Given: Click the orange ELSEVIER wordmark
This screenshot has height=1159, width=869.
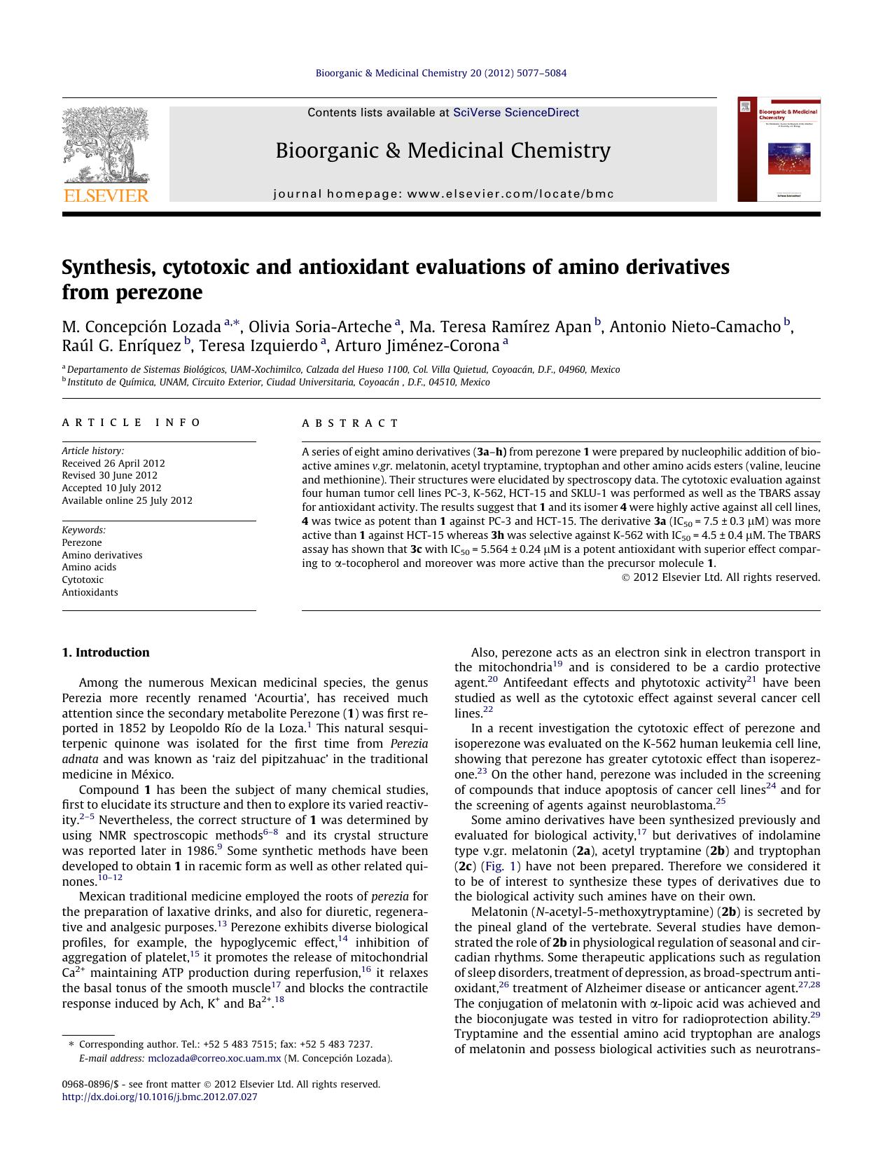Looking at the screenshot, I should [106, 196].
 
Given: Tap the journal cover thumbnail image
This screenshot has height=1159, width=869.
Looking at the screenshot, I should [778, 149].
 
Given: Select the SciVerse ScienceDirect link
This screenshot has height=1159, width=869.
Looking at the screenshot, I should [516, 112].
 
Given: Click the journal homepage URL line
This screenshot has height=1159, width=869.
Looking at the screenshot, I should [443, 194].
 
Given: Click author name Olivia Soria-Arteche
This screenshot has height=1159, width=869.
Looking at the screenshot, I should [320, 327].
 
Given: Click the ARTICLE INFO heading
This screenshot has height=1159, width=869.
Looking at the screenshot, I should [131, 423].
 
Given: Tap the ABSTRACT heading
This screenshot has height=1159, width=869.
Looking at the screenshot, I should [350, 423].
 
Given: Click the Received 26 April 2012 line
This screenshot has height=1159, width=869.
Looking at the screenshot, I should [113, 463].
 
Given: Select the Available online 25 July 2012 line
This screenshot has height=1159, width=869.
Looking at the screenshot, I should [127, 500].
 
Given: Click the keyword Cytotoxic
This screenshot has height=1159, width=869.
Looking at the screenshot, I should [83, 579].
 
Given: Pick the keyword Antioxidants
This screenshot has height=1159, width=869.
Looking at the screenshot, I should [90, 592].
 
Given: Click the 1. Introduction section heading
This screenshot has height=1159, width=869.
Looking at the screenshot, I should [106, 652].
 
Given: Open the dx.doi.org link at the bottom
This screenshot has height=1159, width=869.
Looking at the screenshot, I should [160, 1097].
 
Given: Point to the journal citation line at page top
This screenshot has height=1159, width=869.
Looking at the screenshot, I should [441, 73].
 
